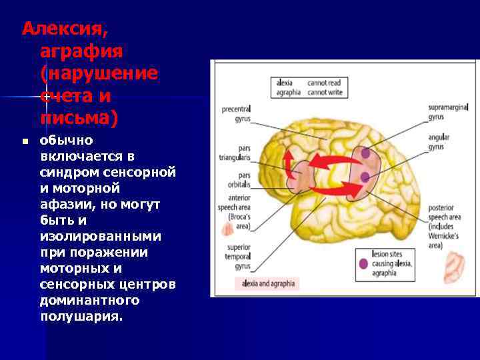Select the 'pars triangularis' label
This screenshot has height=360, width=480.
tap(237, 154)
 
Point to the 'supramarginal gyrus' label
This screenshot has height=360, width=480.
tap(448, 111)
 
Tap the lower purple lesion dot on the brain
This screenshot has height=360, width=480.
tap(365, 177)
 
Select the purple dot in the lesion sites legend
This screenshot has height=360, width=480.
tap(363, 263)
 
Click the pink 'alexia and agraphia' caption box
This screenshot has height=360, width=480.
tap(267, 283)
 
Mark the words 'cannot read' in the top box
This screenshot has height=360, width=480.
tap(324, 83)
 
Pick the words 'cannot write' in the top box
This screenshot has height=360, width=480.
tap(325, 93)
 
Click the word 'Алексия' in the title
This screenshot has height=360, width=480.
tap(64, 29)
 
